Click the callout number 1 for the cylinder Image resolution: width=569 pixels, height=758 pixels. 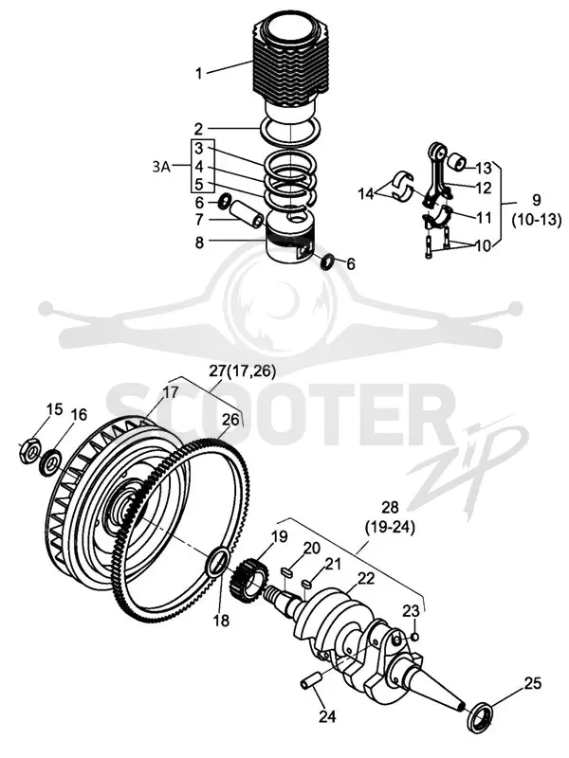click(198, 74)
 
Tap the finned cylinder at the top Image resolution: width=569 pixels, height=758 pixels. click(290, 68)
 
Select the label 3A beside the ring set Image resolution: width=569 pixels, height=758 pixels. click(161, 168)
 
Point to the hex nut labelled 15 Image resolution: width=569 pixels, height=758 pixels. click(29, 451)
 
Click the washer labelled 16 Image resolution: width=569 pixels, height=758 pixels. click(51, 460)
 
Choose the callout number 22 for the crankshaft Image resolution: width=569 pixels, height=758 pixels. click(366, 578)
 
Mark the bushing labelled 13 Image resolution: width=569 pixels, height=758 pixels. click(456, 162)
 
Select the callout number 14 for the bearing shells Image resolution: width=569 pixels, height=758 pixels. click(367, 194)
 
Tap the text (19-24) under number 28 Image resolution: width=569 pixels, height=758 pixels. click(390, 527)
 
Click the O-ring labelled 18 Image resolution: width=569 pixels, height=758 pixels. click(216, 562)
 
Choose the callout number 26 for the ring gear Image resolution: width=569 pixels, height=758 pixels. click(230, 419)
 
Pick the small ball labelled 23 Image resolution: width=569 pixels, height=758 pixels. click(415, 637)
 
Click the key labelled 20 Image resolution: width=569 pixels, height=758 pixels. click(285, 572)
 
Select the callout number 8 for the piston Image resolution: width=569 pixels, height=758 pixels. click(199, 243)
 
